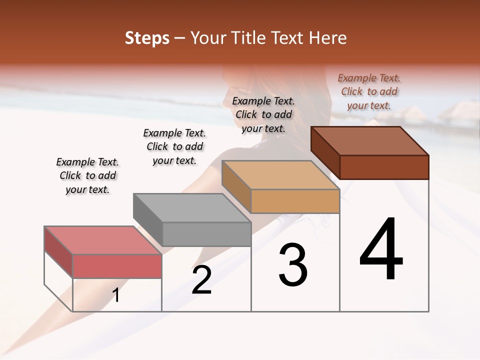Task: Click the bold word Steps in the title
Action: (x=147, y=38)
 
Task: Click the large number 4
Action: (x=381, y=249)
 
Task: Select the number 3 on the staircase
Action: (x=293, y=265)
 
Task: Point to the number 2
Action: (x=202, y=280)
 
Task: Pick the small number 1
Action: (x=116, y=295)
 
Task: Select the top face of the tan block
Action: (x=280, y=175)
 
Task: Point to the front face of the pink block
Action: (x=117, y=266)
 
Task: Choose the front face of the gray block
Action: (x=206, y=234)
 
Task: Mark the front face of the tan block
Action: (x=295, y=201)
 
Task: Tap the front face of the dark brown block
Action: (x=384, y=167)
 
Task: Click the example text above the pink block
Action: (x=87, y=175)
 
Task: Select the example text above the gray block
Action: (x=174, y=146)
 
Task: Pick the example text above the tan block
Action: (x=263, y=114)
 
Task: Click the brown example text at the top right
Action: (x=369, y=91)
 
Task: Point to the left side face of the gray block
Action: (x=148, y=219)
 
